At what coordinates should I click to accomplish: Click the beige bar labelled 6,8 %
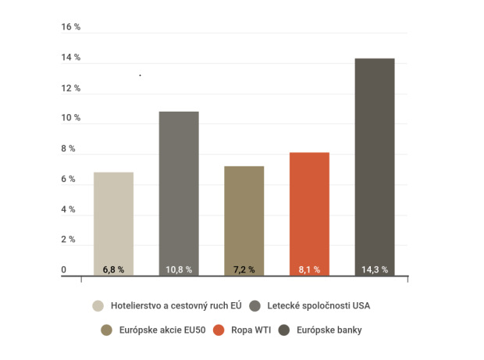point(113,219)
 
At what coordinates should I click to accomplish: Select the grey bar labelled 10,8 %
point(179,187)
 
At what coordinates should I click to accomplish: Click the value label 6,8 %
point(113,269)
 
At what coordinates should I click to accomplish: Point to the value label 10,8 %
point(179,269)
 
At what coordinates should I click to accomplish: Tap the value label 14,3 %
point(375,269)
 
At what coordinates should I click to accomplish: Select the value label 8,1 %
point(309,269)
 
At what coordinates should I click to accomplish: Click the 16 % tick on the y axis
point(71,27)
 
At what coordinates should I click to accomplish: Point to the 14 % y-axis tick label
point(71,58)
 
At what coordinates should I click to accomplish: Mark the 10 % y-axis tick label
point(71,118)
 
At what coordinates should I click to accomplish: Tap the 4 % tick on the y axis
point(69,209)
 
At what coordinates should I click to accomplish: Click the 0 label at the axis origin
point(65,270)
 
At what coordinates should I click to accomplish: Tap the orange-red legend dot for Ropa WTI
point(220,330)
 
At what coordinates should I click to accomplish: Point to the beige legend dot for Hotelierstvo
point(98,305)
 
